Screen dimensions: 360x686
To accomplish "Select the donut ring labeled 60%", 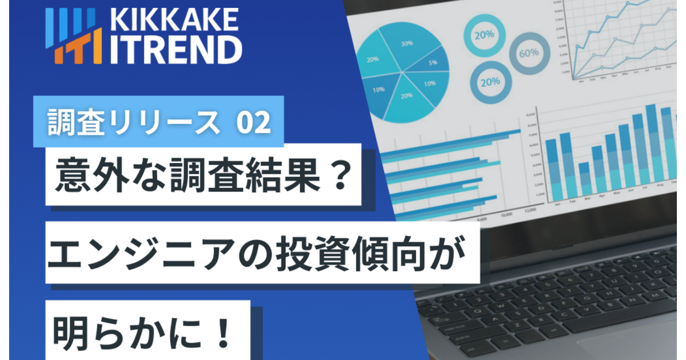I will (529, 53).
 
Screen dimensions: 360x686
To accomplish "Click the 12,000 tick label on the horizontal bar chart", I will (529, 210).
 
